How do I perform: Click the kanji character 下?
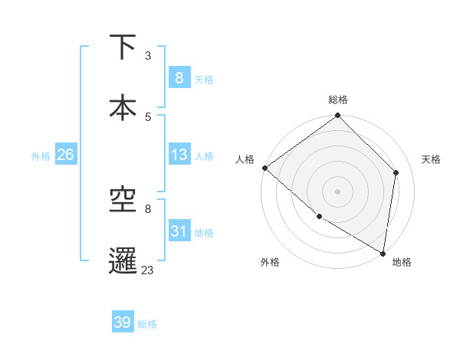point(123,47)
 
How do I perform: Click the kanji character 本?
point(123,106)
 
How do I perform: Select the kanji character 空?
point(123,200)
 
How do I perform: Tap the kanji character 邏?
point(123,259)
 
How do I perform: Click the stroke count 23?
point(148,270)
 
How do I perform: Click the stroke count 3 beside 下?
point(148,56)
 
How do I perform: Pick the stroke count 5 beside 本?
point(148,116)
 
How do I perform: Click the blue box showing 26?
point(65,155)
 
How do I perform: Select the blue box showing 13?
point(179,155)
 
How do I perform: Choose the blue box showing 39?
point(123,322)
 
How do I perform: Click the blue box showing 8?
point(179,77)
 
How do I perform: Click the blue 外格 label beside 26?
point(41,155)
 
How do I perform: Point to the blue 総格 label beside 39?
point(147,324)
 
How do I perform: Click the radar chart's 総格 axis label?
point(337,100)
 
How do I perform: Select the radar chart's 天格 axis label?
point(431,159)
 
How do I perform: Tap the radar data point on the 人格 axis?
point(264,168)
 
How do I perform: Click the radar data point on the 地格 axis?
point(383,253)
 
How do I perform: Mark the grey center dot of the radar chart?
point(337,191)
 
